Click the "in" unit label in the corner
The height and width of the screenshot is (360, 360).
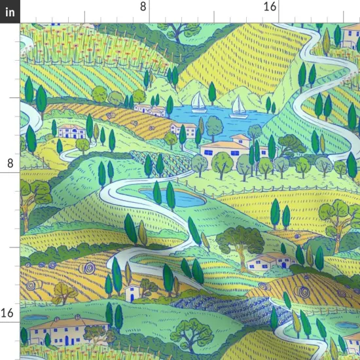coord(10,12)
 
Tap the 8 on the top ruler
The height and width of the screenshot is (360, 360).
coord(143,7)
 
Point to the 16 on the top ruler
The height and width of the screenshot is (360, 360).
coord(269,7)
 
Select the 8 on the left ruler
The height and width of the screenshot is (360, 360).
coord(9,163)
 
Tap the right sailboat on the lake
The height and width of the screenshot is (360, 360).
coord(239,105)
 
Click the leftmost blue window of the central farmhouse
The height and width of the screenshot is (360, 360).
coord(208,152)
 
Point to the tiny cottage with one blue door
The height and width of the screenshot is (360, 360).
coord(133,291)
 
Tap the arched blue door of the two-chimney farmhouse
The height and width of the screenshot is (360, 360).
coord(47,340)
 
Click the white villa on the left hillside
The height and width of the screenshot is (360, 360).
coord(71,130)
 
